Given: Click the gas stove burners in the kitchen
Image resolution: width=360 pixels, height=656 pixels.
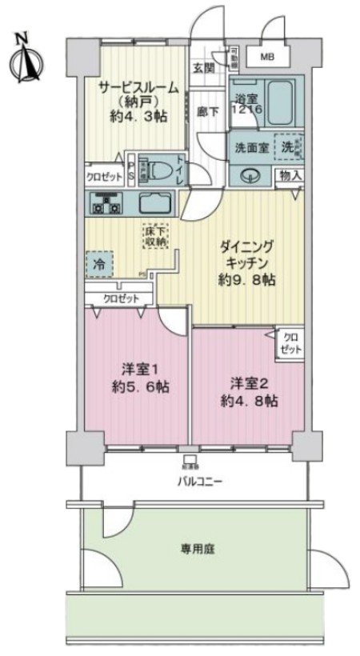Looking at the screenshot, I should click(106, 204).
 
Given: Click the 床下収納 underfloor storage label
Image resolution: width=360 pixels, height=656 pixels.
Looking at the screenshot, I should click(155, 234).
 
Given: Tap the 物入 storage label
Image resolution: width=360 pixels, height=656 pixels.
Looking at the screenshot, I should click(290, 174).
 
